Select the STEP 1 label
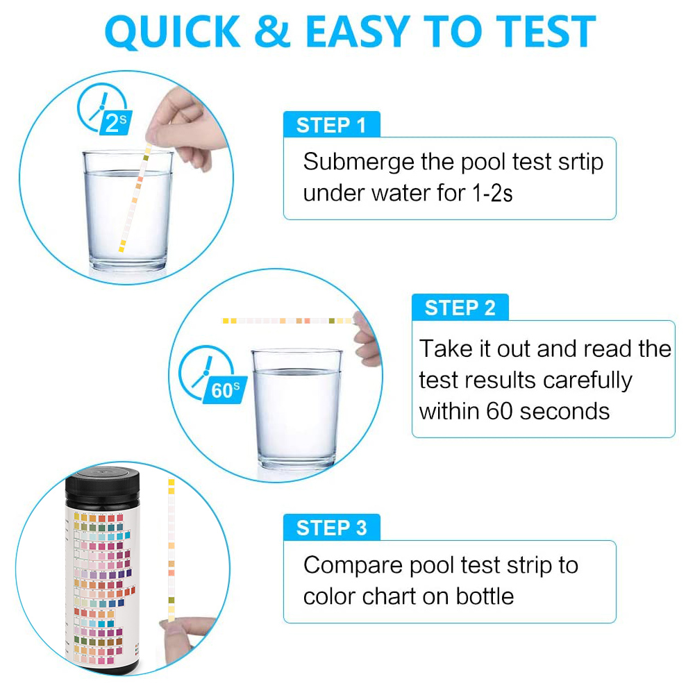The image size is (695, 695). pos(331,125)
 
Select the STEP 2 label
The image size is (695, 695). pos(460,308)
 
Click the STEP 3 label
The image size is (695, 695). pos(331,528)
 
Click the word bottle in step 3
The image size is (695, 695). pos(485,595)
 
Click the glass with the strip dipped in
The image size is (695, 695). pos(128,212)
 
